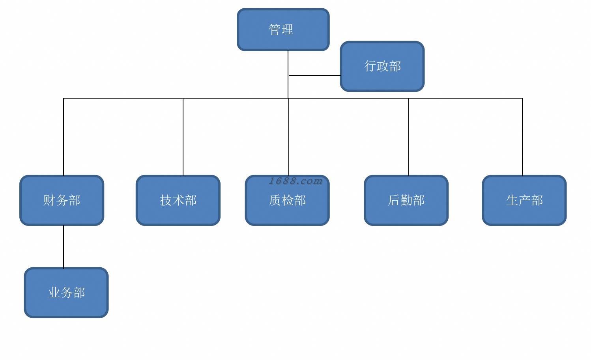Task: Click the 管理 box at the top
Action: click(x=283, y=30)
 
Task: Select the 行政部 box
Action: click(x=382, y=66)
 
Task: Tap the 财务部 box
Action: click(x=62, y=200)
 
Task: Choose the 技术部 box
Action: click(x=178, y=200)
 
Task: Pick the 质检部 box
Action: click(x=287, y=200)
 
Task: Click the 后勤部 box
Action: click(x=406, y=200)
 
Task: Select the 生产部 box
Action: click(x=524, y=200)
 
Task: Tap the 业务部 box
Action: click(x=66, y=293)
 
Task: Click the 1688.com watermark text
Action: click(x=295, y=181)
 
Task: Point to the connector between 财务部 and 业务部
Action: click(x=64, y=246)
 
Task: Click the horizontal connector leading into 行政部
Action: click(x=315, y=75)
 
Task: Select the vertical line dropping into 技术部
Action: click(x=183, y=137)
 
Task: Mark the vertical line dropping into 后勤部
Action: click(x=409, y=137)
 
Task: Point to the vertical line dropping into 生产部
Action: click(x=522, y=137)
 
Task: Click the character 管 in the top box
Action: click(x=275, y=29)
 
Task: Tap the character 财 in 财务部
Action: click(x=49, y=200)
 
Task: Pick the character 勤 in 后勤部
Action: click(x=406, y=200)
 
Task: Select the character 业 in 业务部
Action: click(x=54, y=293)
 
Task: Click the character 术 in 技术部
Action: click(x=178, y=200)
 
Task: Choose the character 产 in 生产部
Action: click(x=524, y=200)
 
